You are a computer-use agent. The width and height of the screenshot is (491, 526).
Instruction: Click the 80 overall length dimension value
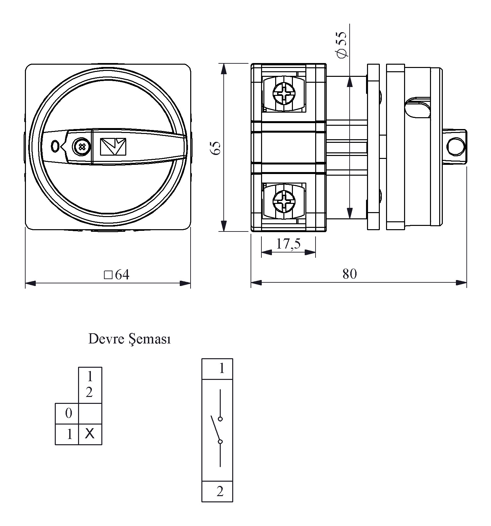point(349,274)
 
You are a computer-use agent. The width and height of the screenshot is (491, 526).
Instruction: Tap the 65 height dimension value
point(215,148)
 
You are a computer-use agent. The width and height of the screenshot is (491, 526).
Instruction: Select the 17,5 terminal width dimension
point(288,244)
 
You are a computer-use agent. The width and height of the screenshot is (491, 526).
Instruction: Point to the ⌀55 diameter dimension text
point(341,45)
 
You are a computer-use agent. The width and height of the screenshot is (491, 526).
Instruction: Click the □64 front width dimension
point(117,274)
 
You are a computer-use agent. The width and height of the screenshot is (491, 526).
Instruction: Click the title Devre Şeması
point(130,339)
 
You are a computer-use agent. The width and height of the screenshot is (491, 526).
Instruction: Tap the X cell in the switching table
point(90,434)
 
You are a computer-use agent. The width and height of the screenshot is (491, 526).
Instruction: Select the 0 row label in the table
point(68,413)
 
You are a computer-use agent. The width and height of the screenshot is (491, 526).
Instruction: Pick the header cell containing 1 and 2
point(90,384)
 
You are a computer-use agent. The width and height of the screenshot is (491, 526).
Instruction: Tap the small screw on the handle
point(81,146)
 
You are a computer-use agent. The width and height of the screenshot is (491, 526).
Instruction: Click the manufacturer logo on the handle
point(113,146)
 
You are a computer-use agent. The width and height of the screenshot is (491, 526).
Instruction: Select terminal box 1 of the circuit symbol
point(217,369)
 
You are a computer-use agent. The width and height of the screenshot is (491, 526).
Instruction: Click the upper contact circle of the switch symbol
point(220,419)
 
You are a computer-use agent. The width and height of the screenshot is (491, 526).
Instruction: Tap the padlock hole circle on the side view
point(456,146)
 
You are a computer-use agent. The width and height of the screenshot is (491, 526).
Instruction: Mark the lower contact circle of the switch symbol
point(220,442)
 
